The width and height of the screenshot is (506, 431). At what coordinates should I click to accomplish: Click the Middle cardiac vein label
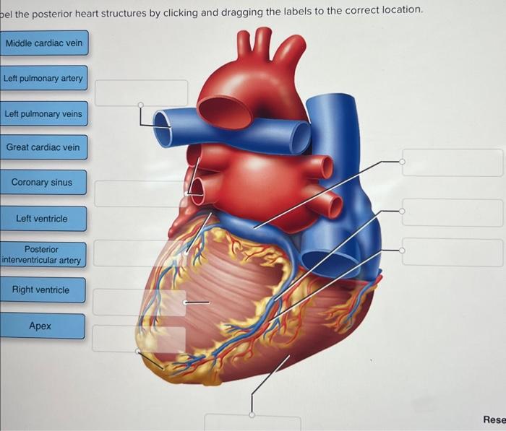point(44,43)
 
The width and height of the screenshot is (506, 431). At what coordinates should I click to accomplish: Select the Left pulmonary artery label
point(43,78)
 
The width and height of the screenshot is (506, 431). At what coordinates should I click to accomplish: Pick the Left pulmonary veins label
point(43,114)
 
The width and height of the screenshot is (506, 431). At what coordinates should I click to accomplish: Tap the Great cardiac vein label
point(43,147)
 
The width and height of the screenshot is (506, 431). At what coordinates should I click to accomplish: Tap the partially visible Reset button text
point(494,419)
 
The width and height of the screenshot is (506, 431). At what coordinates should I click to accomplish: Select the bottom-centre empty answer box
point(252,423)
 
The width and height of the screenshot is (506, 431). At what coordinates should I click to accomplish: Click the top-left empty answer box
point(142,92)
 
